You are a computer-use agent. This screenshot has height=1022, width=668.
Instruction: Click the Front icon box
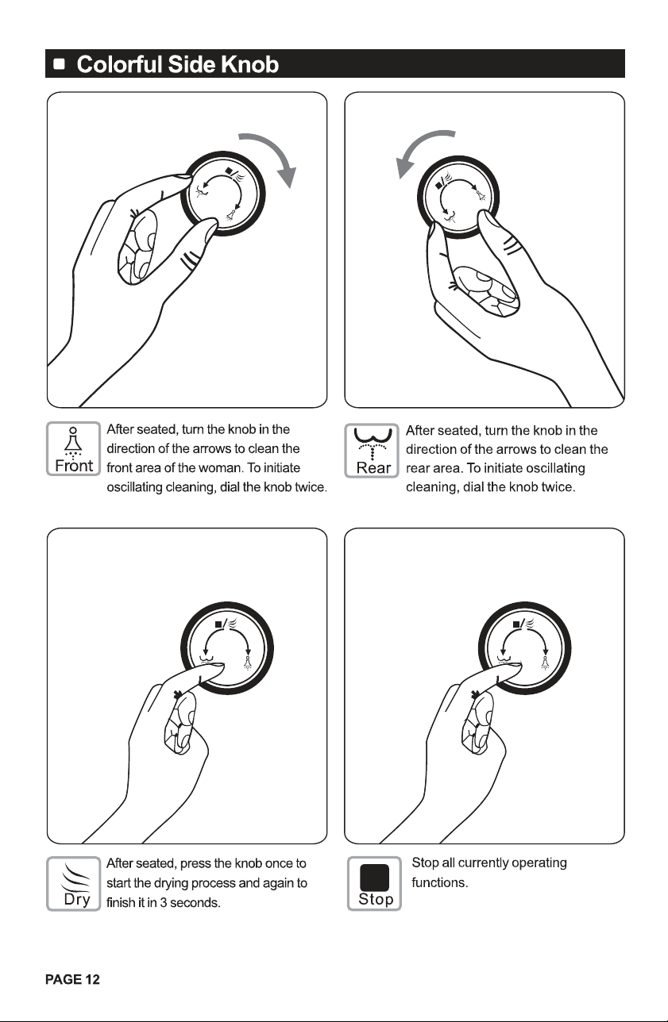pos(74,448)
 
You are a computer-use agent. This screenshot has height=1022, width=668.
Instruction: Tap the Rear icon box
pos(372,451)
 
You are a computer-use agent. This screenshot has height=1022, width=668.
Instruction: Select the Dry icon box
pos(74,884)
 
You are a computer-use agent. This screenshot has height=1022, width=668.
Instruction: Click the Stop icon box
pos(374,883)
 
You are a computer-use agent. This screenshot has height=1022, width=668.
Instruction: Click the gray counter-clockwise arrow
pos(415,146)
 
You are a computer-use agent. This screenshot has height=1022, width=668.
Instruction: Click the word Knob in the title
pos(249,64)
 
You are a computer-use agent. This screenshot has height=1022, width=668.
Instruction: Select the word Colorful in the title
pos(120,64)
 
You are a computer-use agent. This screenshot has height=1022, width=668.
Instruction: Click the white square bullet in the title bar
pos(60,63)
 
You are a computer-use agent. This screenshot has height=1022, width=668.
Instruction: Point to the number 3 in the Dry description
pos(163,903)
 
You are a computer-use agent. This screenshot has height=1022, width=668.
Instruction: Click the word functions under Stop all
pos(440,882)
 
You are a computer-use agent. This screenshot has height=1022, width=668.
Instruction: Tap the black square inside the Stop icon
pos(374,877)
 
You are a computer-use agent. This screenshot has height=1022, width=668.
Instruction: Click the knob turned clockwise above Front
pos(223,194)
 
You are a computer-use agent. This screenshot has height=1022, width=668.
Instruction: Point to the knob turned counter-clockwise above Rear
pos(458,197)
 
